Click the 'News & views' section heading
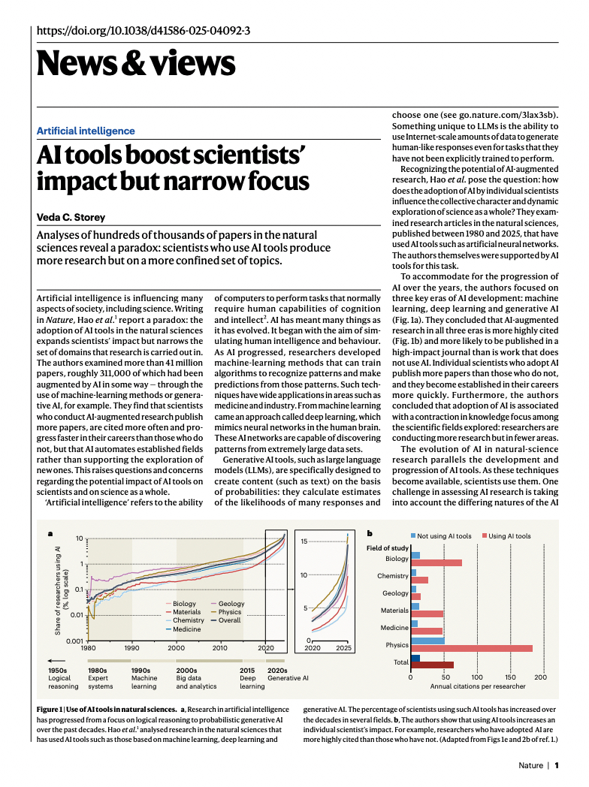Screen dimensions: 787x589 pos(135,63)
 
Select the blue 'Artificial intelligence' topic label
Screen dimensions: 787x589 pos(86,131)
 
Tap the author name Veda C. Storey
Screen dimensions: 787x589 pos(72,217)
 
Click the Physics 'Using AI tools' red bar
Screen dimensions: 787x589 pos(473,648)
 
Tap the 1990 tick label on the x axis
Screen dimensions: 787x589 pos(132,648)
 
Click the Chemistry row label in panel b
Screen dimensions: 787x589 pos(393,577)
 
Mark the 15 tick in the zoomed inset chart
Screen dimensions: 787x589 pos(304,541)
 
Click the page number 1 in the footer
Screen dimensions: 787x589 pos(557,766)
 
